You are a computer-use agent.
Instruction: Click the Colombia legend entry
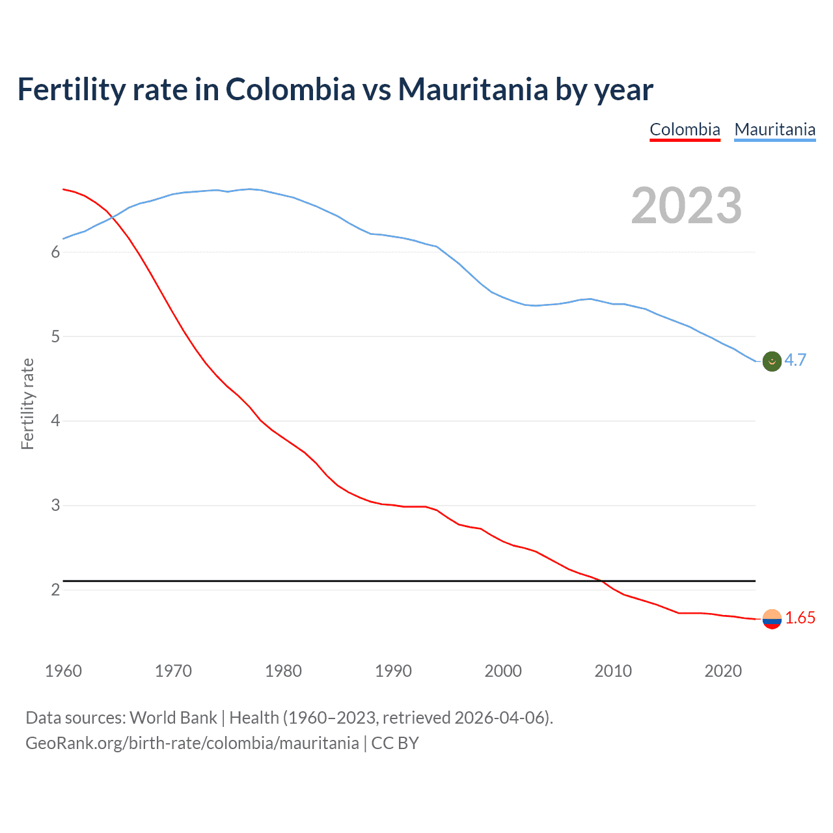[x=685, y=130]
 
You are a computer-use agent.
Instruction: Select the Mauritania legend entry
[x=774, y=130]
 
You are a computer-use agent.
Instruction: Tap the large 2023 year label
[x=686, y=206]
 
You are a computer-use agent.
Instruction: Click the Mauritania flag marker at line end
[x=772, y=361]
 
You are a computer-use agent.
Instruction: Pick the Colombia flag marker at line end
[x=772, y=619]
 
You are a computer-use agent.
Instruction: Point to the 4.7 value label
[x=795, y=360]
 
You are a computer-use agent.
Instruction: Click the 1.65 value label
[x=800, y=618]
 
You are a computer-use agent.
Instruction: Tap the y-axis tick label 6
[x=55, y=253]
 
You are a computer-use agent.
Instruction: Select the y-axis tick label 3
[x=55, y=506]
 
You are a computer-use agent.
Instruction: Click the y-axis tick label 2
[x=55, y=590]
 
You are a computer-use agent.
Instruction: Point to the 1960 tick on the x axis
[x=63, y=671]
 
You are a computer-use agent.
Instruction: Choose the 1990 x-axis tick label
[x=393, y=671]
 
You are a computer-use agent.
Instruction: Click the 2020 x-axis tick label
[x=723, y=671]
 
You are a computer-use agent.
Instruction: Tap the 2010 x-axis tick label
[x=613, y=671]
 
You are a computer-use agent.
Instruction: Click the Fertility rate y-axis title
[x=27, y=403]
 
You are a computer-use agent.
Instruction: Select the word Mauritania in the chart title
[x=473, y=90]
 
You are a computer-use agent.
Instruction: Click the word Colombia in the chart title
[x=290, y=90]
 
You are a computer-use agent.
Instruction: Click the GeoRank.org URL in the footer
[x=192, y=743]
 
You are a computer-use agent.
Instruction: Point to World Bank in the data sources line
[x=173, y=718]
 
